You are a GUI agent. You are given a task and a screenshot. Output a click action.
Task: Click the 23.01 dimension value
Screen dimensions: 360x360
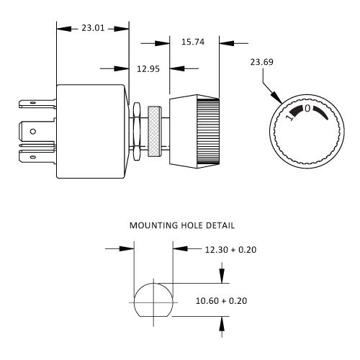[x=93, y=28]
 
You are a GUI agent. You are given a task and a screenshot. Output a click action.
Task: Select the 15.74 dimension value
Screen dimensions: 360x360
[x=193, y=42]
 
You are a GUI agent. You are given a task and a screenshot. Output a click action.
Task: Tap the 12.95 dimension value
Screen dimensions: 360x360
[x=148, y=69]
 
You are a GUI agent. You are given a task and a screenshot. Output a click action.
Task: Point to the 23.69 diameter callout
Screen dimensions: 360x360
[x=261, y=62]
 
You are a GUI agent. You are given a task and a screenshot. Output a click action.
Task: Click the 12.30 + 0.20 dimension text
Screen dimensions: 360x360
[x=230, y=250]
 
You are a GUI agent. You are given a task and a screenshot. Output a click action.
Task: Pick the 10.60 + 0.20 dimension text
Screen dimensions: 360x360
[x=221, y=301]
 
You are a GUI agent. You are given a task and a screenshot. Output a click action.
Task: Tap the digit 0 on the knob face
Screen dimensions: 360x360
[x=307, y=109]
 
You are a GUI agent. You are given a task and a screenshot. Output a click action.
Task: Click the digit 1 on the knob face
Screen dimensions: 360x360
[x=290, y=117]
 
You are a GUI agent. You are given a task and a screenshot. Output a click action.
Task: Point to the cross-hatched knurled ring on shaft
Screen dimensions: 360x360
[x=154, y=131]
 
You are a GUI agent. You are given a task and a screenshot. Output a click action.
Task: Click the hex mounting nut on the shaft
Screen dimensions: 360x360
[x=136, y=131]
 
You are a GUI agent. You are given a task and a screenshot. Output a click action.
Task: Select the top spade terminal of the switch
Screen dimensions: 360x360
[x=37, y=104]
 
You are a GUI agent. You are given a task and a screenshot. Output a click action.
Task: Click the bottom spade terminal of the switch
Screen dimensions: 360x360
[x=37, y=157]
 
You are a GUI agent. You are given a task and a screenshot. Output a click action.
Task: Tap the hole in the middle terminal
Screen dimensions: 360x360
[x=33, y=131]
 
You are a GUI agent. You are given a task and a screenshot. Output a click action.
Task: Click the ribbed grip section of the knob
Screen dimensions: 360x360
[x=208, y=131]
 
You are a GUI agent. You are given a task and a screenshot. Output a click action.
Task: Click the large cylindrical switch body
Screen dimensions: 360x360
[x=91, y=131]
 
